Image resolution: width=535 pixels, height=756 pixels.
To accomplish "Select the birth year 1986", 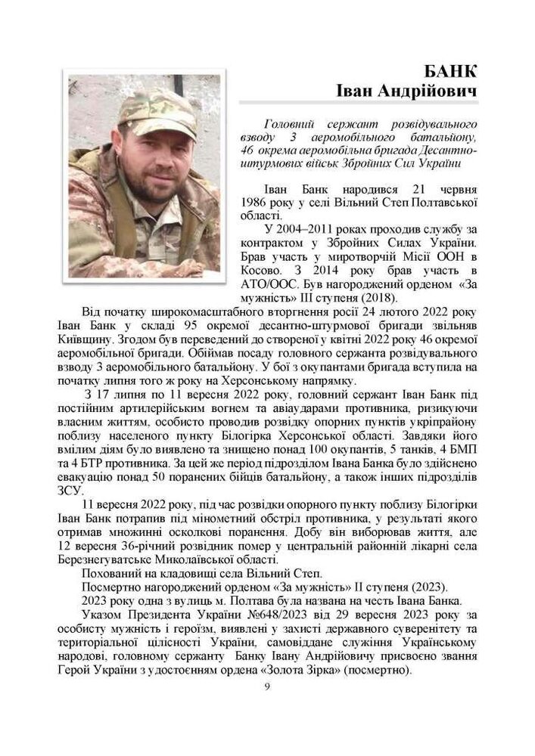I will pyautogui.click(x=254, y=203).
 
